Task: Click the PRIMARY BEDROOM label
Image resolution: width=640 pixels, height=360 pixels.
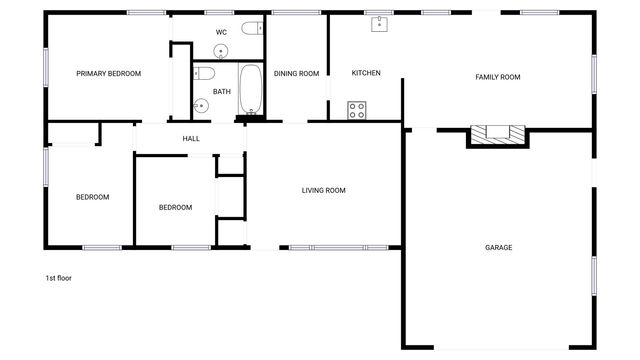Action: (109, 73)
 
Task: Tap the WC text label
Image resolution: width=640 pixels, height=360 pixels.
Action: (221, 32)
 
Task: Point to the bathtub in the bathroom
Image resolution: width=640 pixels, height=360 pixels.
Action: (250, 88)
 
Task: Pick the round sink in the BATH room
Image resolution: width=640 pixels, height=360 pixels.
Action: (201, 103)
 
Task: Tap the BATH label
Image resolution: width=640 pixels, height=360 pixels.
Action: (222, 92)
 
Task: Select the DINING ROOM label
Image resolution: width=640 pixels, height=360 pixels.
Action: (296, 73)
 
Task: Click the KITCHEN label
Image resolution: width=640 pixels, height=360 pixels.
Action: (366, 73)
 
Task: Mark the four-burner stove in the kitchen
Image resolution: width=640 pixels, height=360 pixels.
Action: (357, 110)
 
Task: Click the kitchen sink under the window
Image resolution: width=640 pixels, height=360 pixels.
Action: (380, 24)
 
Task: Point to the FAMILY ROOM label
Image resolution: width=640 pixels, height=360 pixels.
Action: (497, 77)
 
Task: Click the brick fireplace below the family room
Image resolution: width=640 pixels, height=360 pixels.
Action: (497, 135)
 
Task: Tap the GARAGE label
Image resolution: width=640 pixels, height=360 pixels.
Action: (498, 247)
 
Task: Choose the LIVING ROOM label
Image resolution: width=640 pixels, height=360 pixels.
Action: (324, 190)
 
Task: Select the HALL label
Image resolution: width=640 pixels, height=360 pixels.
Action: (191, 138)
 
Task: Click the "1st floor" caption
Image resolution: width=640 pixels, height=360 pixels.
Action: (59, 278)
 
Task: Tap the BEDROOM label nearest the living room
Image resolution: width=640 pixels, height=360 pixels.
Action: (175, 207)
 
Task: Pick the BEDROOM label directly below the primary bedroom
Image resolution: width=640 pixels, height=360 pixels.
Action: (92, 197)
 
